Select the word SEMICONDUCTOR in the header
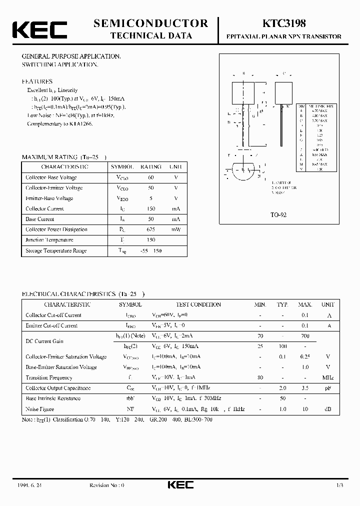[150, 23]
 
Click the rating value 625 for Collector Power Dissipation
[151, 229]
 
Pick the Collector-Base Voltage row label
[51, 177]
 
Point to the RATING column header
[151, 167]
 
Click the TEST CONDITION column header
[198, 304]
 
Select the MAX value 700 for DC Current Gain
[304, 336]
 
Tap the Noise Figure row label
[40, 409]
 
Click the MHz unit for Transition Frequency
[328, 377]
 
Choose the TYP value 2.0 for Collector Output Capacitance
[283, 388]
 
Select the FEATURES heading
[37, 81]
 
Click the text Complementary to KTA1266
[59, 123]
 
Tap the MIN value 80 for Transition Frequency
[260, 377]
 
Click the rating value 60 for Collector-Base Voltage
[151, 177]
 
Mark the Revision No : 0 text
[106, 485]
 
